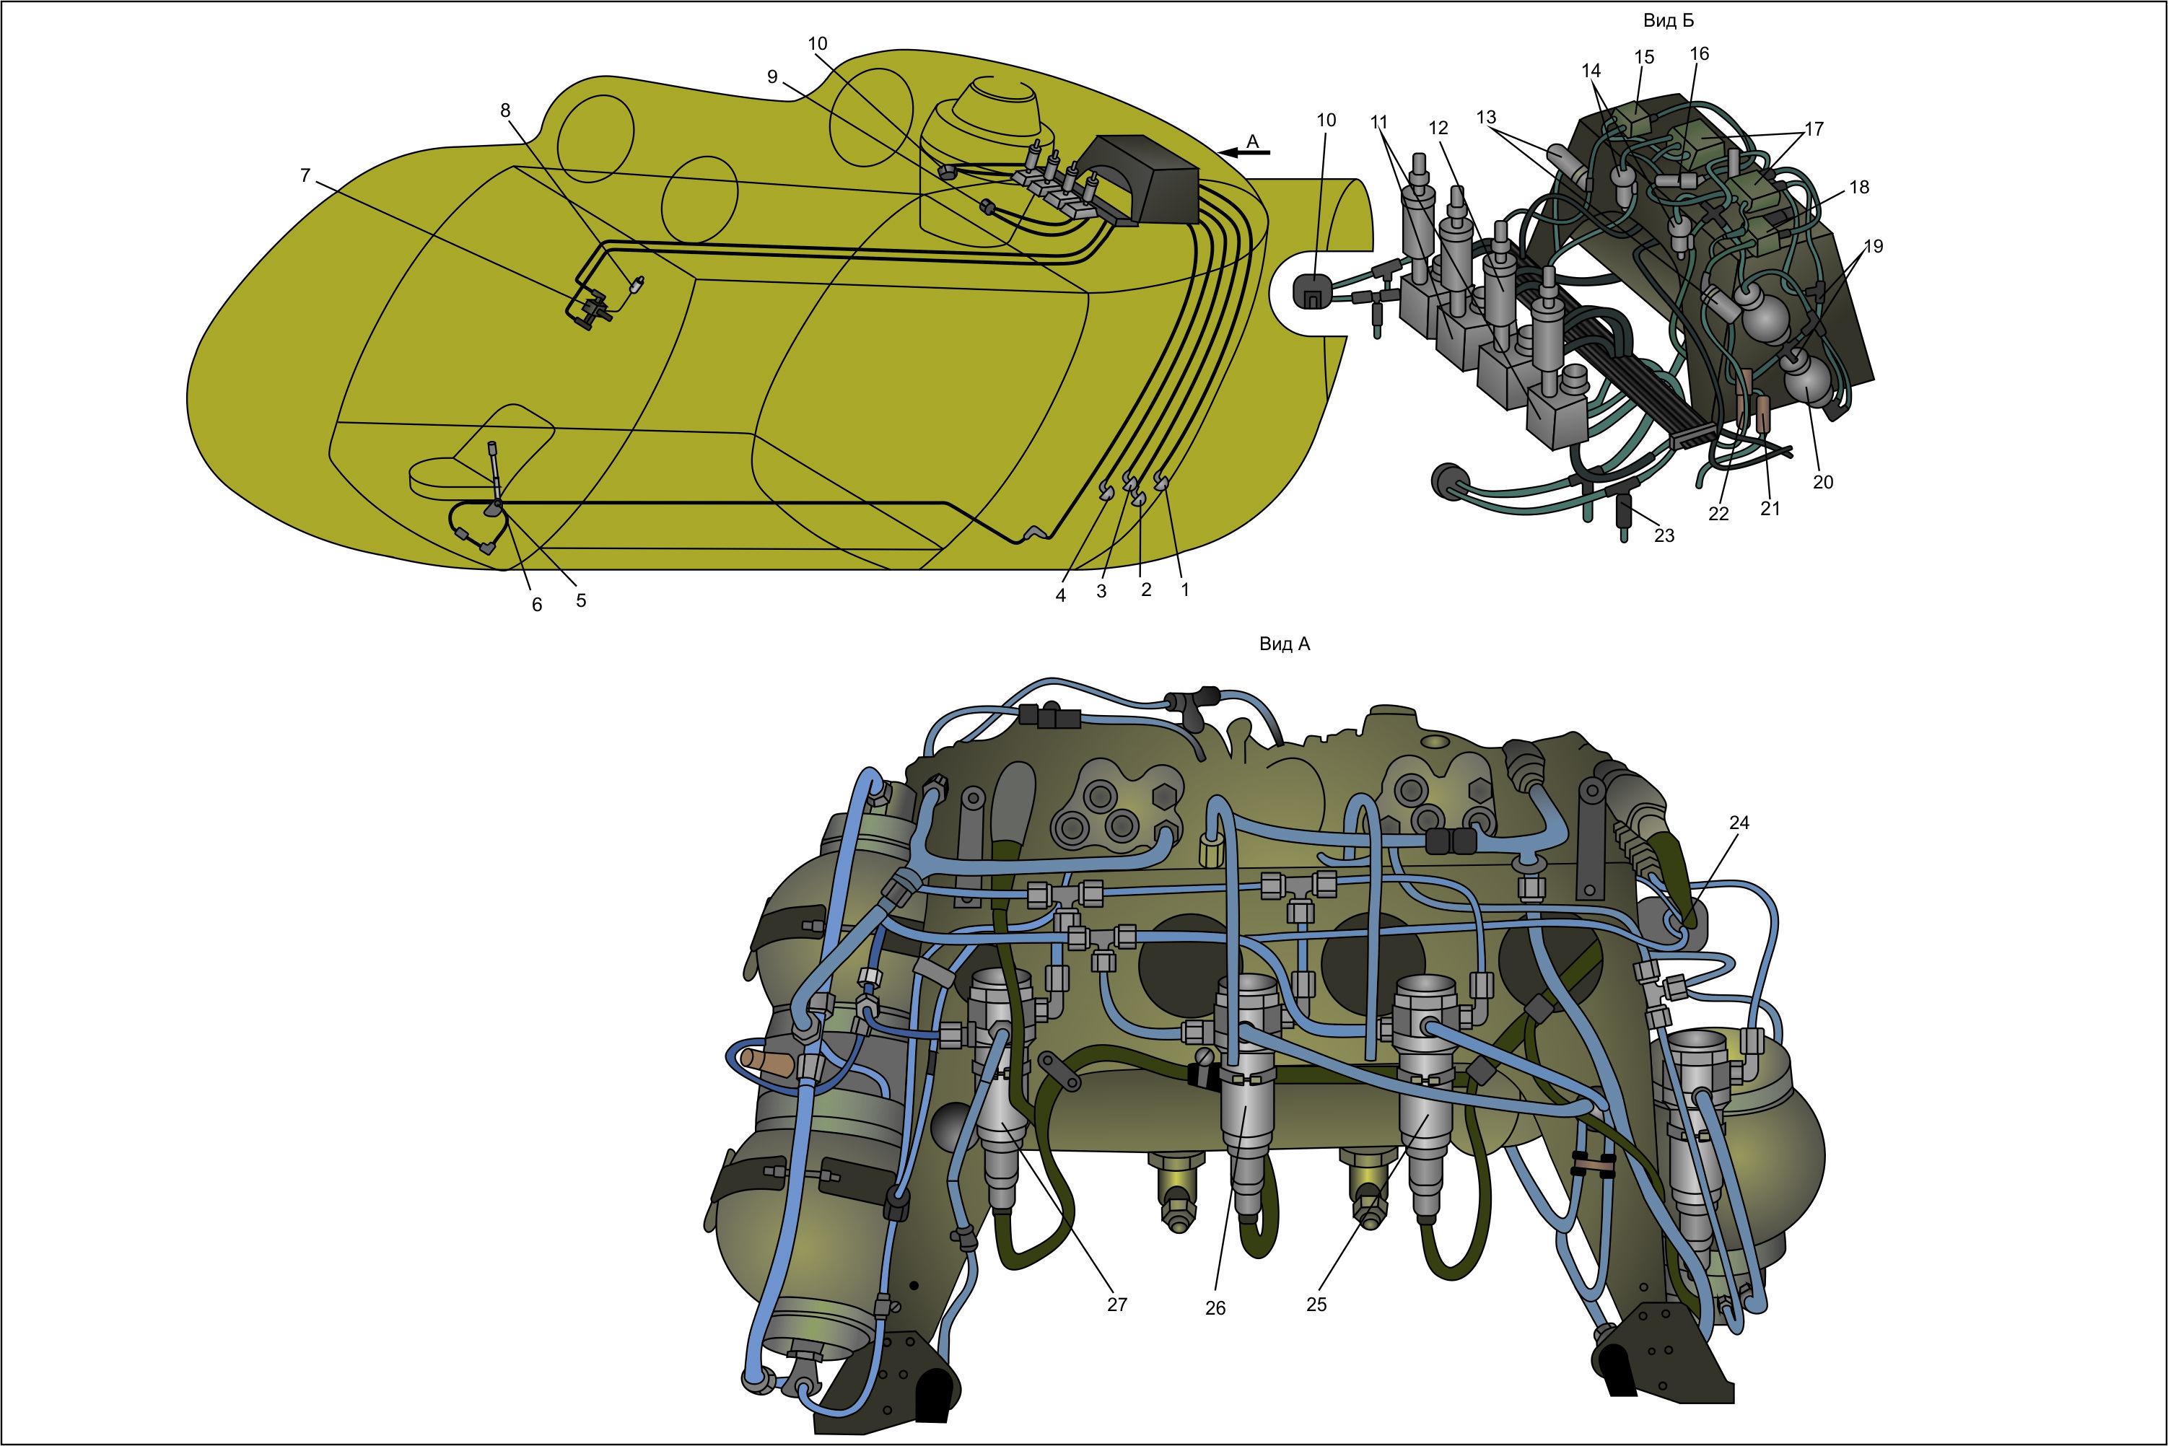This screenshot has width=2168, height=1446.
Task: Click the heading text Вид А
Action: tap(1285, 644)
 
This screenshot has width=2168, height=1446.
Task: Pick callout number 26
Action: tap(1215, 1309)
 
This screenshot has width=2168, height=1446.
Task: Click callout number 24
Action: tap(1739, 823)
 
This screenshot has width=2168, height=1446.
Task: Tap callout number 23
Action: tap(1664, 535)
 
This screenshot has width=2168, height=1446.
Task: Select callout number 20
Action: tap(1823, 481)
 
